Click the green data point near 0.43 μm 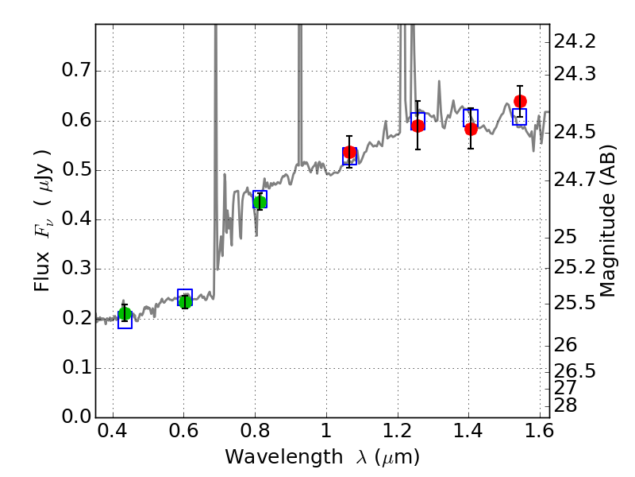pos(125,314)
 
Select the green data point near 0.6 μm pos(185,301)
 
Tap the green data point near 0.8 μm pos(260,201)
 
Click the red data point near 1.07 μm pos(349,153)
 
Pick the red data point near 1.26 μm pos(418,126)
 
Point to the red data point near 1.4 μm pos(471,129)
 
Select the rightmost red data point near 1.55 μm pos(520,101)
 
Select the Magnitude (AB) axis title pos(609,220)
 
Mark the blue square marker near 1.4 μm pos(471,118)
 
